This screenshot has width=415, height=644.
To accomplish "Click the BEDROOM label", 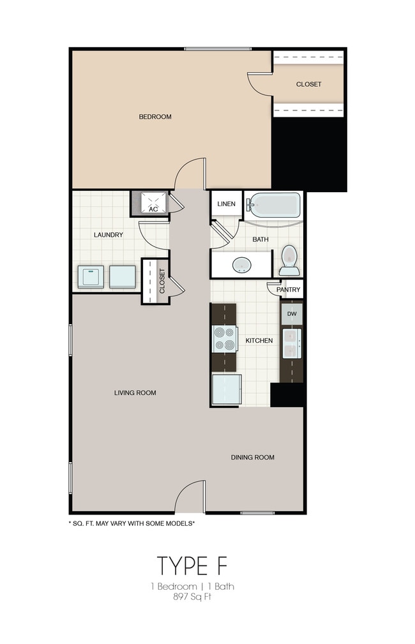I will click(x=155, y=117).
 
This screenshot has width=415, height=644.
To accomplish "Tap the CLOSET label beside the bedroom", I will click(x=308, y=84).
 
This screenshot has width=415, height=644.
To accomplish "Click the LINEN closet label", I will click(x=226, y=204).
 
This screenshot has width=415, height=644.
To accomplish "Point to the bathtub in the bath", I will click(x=275, y=205).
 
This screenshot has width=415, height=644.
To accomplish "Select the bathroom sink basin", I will click(x=242, y=264).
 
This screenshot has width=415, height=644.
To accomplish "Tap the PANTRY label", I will click(x=289, y=290).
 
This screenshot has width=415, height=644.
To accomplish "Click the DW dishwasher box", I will click(x=292, y=313).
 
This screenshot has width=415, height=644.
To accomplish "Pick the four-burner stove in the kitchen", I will click(x=224, y=339).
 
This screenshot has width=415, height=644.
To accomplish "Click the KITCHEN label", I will click(x=259, y=341).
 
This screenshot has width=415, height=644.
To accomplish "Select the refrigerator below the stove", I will click(x=227, y=389).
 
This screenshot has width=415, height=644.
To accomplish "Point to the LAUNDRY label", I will click(x=108, y=235).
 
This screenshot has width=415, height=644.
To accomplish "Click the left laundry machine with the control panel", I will click(x=91, y=277).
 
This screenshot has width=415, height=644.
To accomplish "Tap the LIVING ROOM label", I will click(x=135, y=393).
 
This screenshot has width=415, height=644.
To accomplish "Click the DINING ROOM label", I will click(x=253, y=457).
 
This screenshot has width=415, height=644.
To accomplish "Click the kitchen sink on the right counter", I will click(x=292, y=344).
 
